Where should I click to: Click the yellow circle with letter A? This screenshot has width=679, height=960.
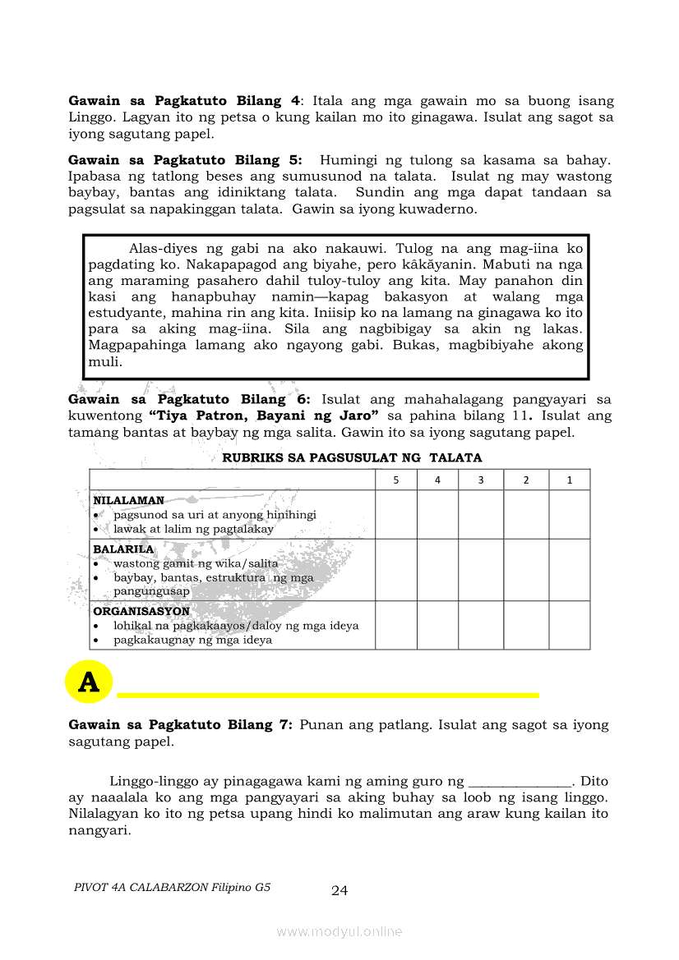point(88,681)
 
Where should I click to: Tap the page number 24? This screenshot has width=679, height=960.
point(339,891)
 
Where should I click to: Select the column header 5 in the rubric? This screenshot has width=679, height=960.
point(396,480)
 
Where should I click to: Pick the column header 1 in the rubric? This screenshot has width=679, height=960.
point(570,480)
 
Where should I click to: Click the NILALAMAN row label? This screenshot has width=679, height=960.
point(128,500)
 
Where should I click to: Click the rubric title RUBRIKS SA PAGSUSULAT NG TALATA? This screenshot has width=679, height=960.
point(352,457)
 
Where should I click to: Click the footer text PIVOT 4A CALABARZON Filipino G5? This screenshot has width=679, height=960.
point(172,888)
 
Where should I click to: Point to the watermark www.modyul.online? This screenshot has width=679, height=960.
point(339,931)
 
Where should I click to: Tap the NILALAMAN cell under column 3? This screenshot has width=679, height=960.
point(482,514)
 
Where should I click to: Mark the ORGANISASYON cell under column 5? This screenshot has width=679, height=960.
point(396,625)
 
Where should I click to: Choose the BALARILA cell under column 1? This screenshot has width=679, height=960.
point(570,569)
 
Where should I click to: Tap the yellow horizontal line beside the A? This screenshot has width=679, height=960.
point(328,695)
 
